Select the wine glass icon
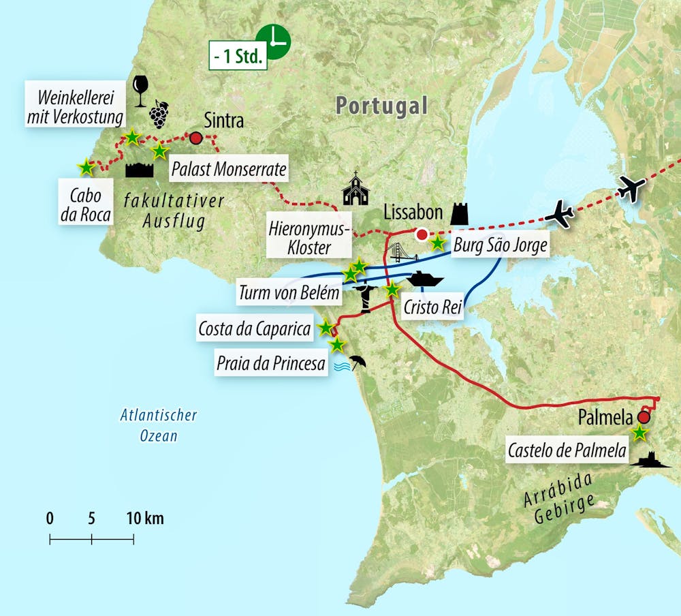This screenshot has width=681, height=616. click(x=141, y=90)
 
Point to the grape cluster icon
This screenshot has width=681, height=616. click(x=159, y=114)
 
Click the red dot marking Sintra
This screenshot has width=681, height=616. click(x=196, y=138)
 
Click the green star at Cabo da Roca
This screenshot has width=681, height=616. click(x=86, y=166)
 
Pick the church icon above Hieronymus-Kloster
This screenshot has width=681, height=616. click(x=355, y=189)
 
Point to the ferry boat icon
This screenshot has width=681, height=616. click(x=426, y=279)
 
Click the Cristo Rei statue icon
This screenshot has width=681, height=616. click(x=366, y=296)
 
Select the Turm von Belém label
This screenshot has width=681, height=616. click(x=288, y=294)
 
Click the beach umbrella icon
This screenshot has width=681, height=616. click(x=357, y=362)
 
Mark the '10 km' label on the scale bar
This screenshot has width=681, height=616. click(x=144, y=519)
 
